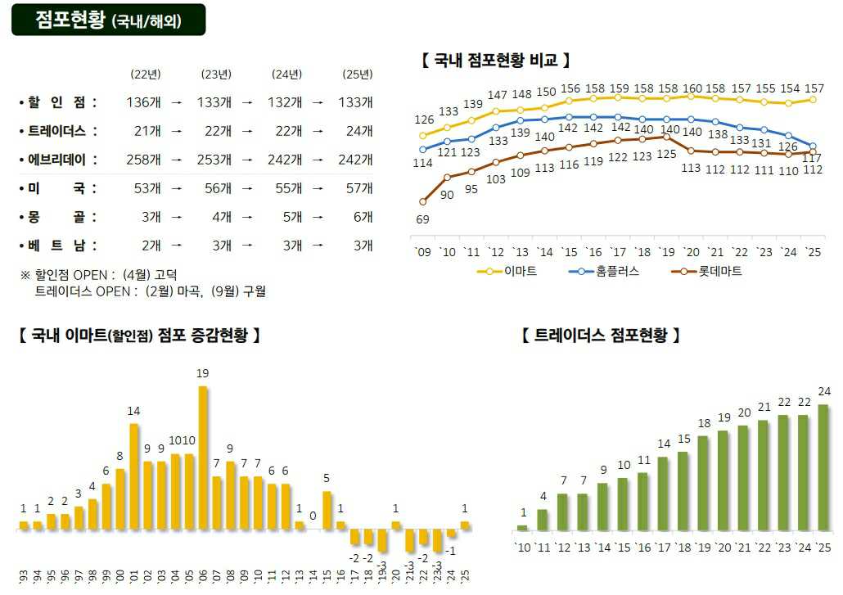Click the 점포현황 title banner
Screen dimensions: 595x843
point(108,20)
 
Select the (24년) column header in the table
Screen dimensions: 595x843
point(287,74)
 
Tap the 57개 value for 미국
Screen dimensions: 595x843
point(358,188)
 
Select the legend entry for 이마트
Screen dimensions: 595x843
point(507,271)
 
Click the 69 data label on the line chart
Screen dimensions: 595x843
point(422,219)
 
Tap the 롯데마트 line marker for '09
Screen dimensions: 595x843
point(422,201)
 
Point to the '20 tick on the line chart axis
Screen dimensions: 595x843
point(692,252)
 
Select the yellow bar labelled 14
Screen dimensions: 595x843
point(134,476)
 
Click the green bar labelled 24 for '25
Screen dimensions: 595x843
point(823,467)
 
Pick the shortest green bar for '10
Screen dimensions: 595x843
point(522,528)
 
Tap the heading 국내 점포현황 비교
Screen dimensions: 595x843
point(495,61)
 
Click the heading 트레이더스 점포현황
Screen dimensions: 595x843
point(600,336)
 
